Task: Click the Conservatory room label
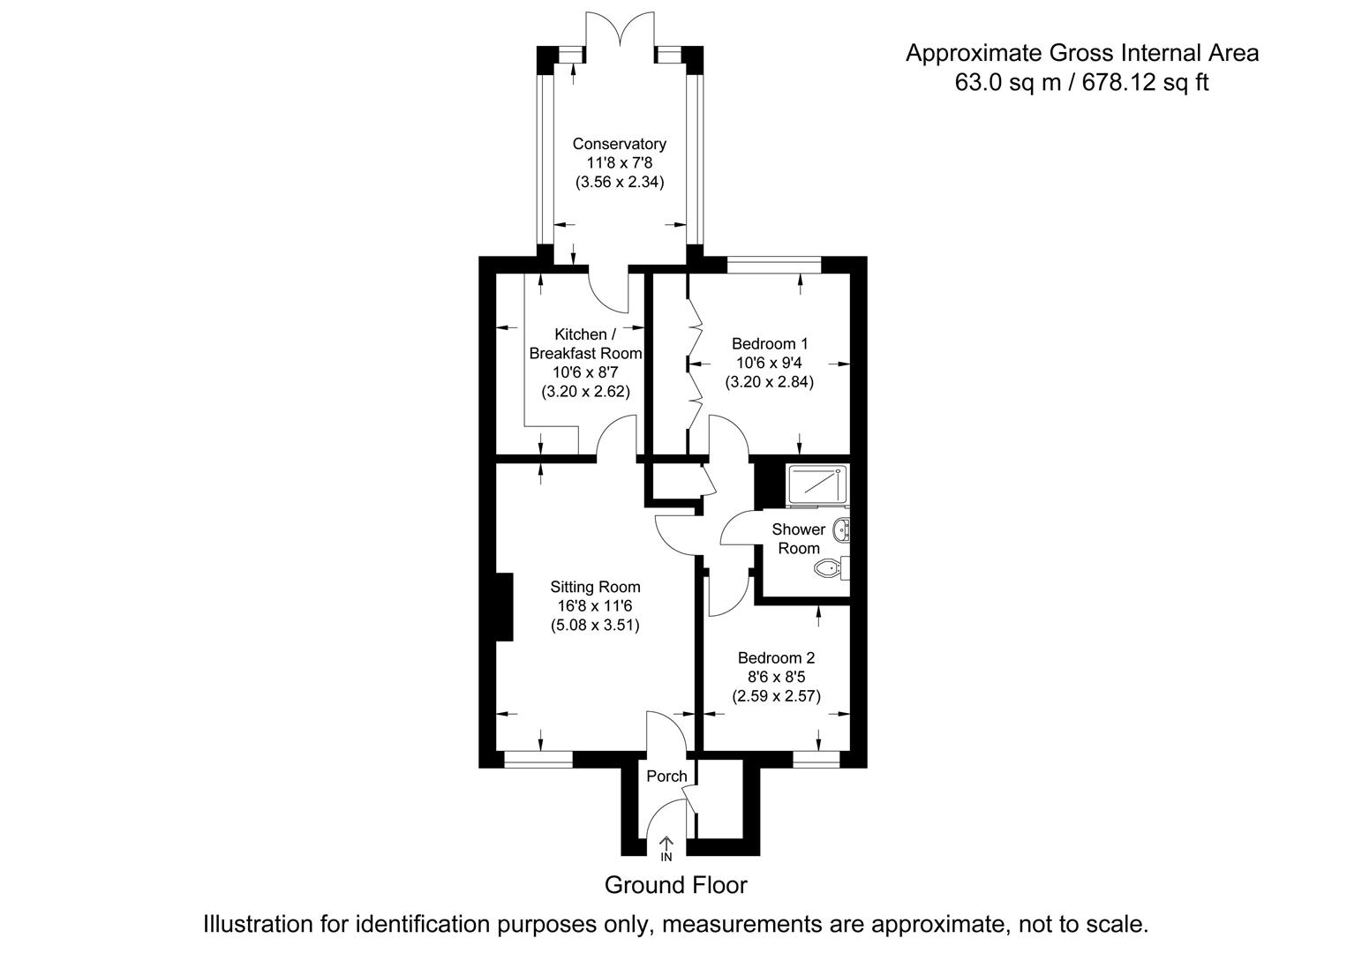[x=619, y=144]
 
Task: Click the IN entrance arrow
[x=666, y=848]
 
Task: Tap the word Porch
[x=666, y=777]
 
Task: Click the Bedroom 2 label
[x=776, y=658]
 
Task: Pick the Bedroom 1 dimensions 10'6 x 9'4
[x=770, y=363]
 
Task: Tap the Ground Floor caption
[x=675, y=885]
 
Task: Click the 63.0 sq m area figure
[x=997, y=83]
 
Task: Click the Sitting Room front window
[x=538, y=759]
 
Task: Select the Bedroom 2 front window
[x=816, y=759]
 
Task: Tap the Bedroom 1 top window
[x=774, y=264]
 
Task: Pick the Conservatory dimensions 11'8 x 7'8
[x=619, y=163]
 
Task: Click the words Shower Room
[x=798, y=538]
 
